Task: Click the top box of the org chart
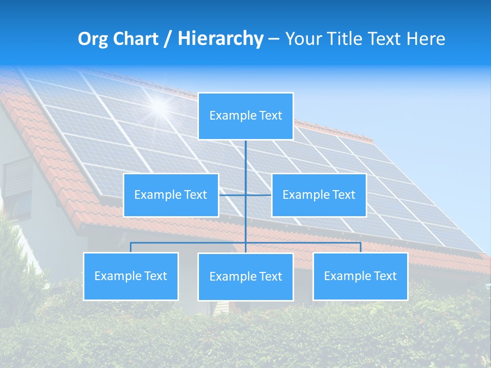245,116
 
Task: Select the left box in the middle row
171,195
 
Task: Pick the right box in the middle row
319,195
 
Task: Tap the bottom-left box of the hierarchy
131,276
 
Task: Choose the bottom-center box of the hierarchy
245,277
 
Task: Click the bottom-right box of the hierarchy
361,276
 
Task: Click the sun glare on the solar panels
160,106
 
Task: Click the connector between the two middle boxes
245,195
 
